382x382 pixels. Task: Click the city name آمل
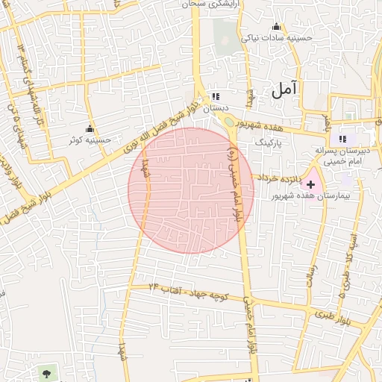pyautogui.click(x=284, y=90)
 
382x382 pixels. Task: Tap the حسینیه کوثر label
pyautogui.click(x=90, y=140)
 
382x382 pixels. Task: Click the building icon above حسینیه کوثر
pyautogui.click(x=90, y=128)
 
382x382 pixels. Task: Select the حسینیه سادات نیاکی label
pyautogui.click(x=273, y=37)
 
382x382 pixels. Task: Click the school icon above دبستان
pyautogui.click(x=216, y=96)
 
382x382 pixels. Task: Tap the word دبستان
pyautogui.click(x=215, y=107)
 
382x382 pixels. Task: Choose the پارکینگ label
pyautogui.click(x=269, y=140)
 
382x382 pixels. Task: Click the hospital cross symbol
pyautogui.click(x=311, y=184)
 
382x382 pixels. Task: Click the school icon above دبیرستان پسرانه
pyautogui.click(x=342, y=139)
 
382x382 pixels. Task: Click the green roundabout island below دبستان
pyautogui.click(x=226, y=122)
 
